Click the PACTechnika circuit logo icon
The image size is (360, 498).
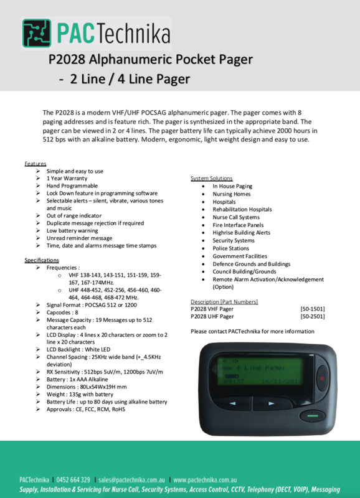point(37,33)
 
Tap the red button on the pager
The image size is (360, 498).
point(322,377)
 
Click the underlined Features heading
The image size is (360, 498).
point(36,163)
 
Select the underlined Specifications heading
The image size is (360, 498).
point(42,260)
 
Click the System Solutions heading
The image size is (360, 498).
point(212,178)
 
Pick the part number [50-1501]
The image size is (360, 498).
point(312,309)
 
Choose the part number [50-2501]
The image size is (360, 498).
point(312,317)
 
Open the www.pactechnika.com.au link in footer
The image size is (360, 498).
point(206,480)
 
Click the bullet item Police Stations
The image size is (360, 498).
point(231,248)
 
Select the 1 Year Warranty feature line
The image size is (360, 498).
point(67,178)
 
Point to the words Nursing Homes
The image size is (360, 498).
point(231,194)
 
